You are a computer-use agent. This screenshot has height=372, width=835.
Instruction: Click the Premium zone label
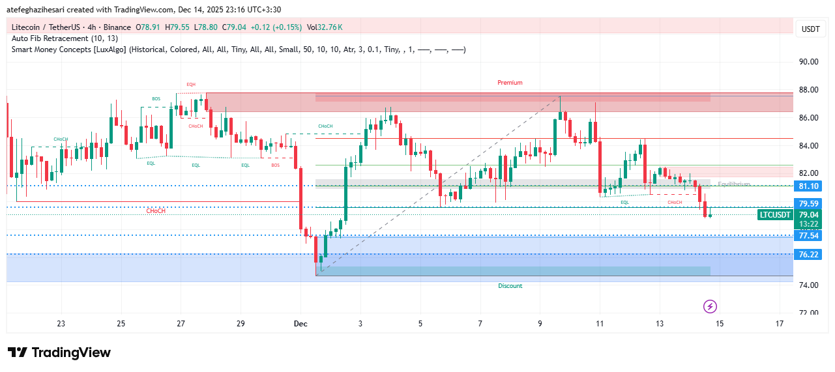coord(510,83)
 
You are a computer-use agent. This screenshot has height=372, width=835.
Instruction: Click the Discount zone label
coord(510,286)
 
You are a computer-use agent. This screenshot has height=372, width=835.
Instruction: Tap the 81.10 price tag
coord(808,186)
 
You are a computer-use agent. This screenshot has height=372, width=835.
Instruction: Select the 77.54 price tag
coord(808,236)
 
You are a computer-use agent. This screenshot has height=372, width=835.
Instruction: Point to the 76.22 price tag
coord(808,255)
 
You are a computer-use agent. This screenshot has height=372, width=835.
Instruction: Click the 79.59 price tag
coord(808,204)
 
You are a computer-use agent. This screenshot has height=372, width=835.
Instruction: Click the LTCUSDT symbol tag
coord(775,215)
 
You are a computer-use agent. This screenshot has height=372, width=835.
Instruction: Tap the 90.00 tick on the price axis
coord(808,62)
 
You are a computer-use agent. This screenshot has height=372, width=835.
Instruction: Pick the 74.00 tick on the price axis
coord(808,285)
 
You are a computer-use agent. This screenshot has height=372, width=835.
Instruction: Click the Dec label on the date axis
coord(300,324)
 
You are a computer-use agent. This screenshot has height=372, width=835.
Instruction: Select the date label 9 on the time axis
coord(540,324)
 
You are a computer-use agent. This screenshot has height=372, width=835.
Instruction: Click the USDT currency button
coord(810,29)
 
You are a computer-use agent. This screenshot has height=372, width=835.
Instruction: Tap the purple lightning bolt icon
coord(710,306)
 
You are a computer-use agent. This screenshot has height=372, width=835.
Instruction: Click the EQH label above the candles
coord(191,84)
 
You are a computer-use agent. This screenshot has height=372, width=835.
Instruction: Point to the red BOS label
coord(275,165)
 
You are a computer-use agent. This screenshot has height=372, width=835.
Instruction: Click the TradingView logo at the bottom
coord(59,352)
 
